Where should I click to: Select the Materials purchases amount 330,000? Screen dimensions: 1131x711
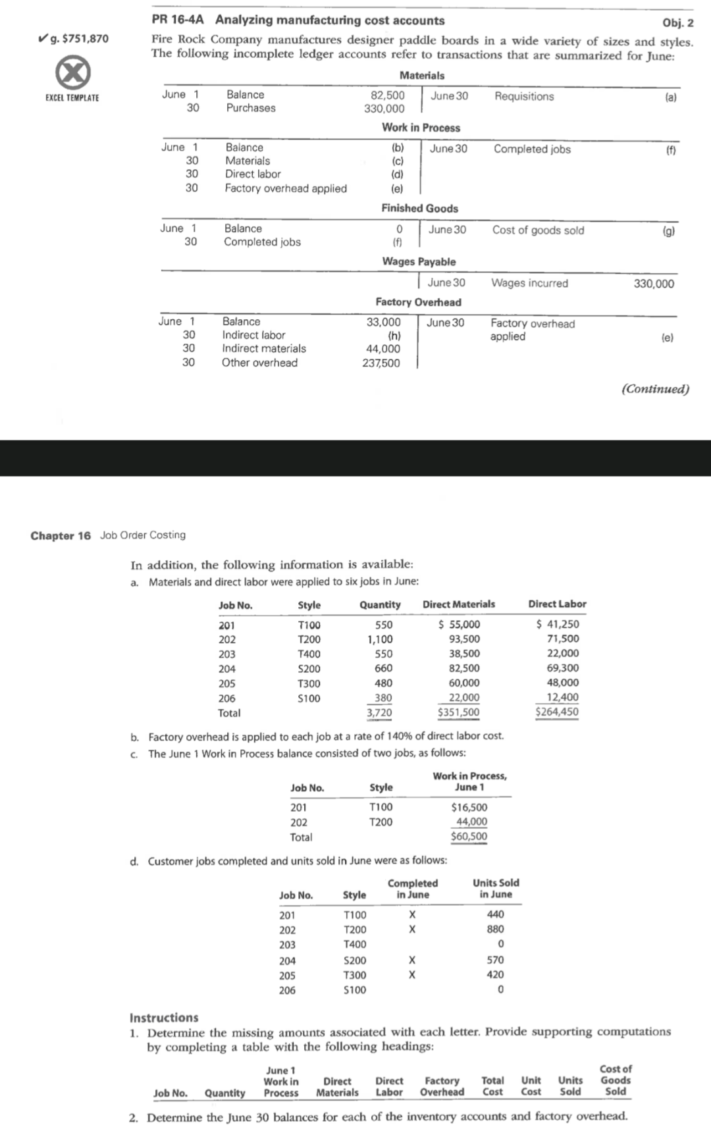coord(384,109)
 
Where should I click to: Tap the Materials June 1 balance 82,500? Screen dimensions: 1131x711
coord(388,95)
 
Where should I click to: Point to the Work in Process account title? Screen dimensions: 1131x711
coord(421,128)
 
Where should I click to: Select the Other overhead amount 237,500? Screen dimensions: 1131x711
coord(381,363)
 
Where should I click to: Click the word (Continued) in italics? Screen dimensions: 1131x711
coord(655,389)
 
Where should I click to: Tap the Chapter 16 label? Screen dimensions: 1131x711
coord(61,535)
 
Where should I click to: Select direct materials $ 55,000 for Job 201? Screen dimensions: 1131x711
coord(460,625)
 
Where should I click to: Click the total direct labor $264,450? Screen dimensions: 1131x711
coord(557,712)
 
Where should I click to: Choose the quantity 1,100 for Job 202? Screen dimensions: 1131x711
coord(380,639)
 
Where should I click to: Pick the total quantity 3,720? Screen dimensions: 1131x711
coord(379,712)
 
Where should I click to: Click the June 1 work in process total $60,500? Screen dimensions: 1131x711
coord(469,837)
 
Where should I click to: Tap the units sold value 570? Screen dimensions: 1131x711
coord(495,960)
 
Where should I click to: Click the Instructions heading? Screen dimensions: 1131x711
coord(164,1018)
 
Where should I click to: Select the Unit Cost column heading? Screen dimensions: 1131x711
coord(531,1086)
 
